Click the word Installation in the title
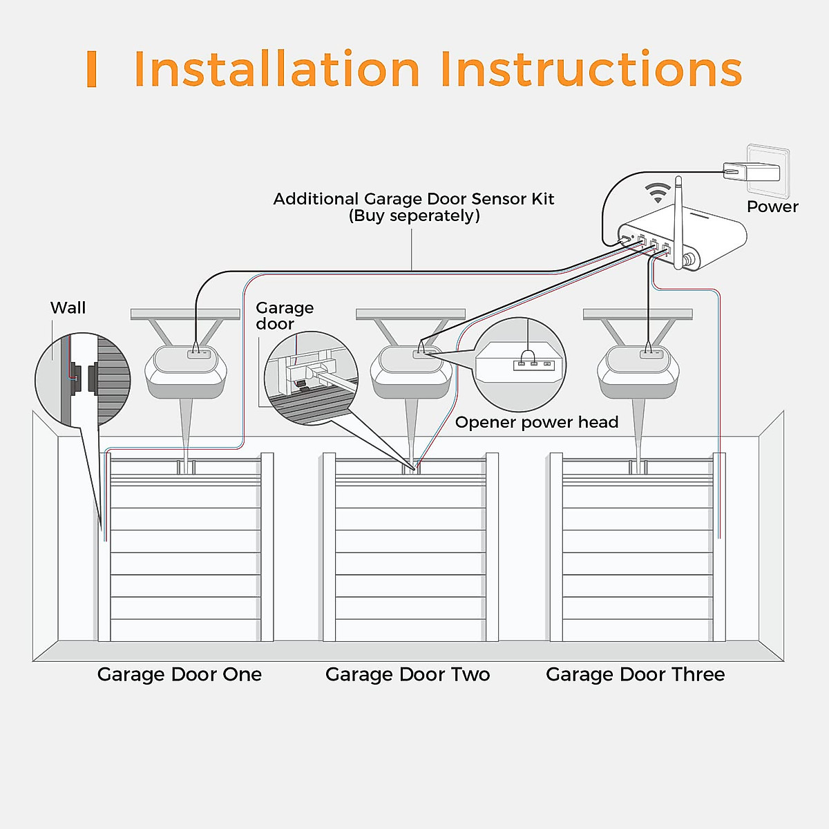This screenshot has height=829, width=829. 276,69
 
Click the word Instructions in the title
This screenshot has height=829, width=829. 591,69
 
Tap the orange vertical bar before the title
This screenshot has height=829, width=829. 91,69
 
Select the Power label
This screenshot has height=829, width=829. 772,207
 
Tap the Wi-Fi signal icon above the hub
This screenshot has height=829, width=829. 658,191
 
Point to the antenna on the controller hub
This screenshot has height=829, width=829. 678,221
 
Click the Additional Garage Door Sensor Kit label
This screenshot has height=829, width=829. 413,199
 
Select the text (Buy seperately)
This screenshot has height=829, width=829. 414,216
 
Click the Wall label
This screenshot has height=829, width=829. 68,308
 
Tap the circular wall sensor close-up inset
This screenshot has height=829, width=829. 83,380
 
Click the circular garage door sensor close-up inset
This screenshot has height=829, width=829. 311,378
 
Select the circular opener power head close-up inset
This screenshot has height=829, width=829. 520,365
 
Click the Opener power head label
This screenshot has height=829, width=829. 536,422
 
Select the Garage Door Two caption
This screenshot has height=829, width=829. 408,674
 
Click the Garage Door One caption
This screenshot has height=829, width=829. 180,674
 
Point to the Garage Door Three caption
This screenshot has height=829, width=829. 635,674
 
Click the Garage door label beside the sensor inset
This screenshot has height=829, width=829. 284,316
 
